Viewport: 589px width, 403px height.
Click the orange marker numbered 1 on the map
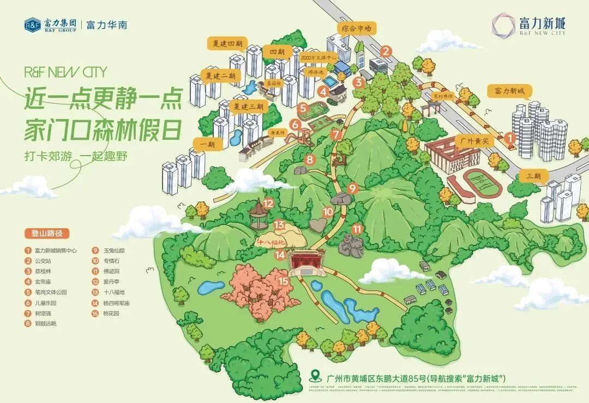tap(509, 139)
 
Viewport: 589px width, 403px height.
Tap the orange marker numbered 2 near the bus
tap(386, 52)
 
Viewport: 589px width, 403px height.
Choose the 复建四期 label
tap(227, 43)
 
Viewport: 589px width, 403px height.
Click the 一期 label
tap(207, 144)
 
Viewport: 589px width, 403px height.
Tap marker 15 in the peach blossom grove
tap(283, 282)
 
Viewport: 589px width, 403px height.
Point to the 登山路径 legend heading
tap(47, 233)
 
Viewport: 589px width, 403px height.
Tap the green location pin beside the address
tap(314, 376)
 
